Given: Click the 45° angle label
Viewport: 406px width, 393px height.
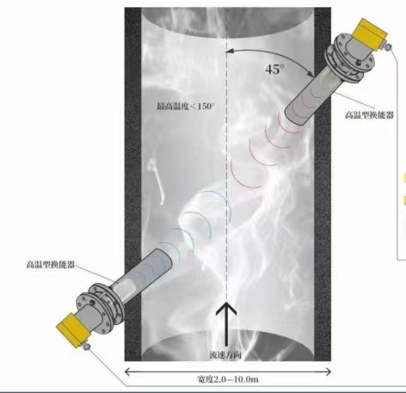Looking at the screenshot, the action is pyautogui.click(x=275, y=70).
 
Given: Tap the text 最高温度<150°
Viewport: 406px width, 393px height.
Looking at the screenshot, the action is pyautogui.click(x=186, y=107).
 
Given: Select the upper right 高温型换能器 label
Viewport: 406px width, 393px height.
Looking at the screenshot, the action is pyautogui.click(x=369, y=115).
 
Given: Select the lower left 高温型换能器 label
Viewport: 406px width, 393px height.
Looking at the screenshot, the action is pyautogui.click(x=51, y=264).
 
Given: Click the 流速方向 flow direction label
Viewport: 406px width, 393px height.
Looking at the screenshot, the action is pyautogui.click(x=225, y=355).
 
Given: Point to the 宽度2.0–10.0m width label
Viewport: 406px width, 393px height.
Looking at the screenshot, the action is pyautogui.click(x=228, y=379).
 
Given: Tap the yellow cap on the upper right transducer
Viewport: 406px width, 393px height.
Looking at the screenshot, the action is pyautogui.click(x=369, y=34).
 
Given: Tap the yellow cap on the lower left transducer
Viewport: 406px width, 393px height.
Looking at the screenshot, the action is pyautogui.click(x=73, y=330).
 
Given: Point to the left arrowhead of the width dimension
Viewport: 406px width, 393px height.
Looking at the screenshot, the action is pyautogui.click(x=127, y=372).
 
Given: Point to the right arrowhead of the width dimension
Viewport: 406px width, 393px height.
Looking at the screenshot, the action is pyautogui.click(x=329, y=372).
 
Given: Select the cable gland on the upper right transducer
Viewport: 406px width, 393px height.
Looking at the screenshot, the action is pyautogui.click(x=388, y=47).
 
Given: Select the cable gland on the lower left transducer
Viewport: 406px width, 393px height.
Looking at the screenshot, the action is pyautogui.click(x=87, y=347).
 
